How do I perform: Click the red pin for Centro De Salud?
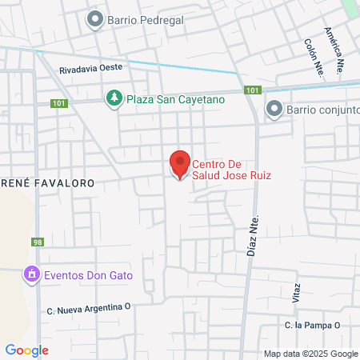click(180, 164)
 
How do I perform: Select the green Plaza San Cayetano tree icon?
click(114, 98)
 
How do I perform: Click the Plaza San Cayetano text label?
click(165, 98)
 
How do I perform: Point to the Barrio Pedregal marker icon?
click(95, 19)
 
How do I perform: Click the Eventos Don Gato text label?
click(89, 275)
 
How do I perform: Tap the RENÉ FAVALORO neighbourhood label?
click(47, 183)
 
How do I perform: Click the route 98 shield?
click(38, 242)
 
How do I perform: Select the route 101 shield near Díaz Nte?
click(253, 90)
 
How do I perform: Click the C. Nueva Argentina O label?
click(89, 307)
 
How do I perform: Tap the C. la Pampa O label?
click(313, 325)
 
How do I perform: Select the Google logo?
click(26, 350)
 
